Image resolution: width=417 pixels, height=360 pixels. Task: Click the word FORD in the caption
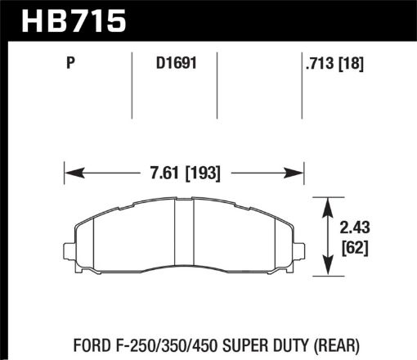80,340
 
